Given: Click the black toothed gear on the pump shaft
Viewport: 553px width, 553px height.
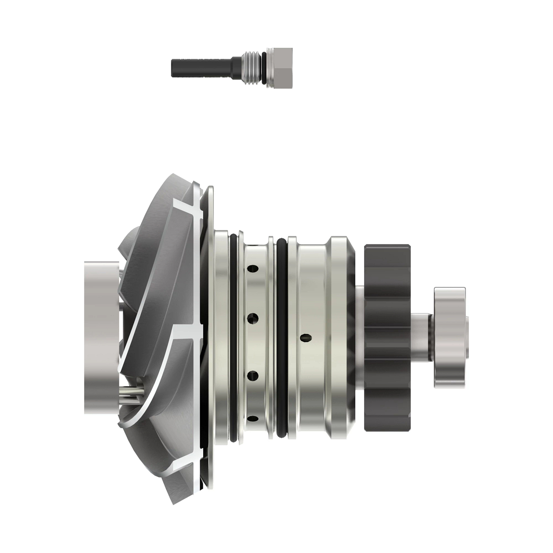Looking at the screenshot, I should (x=387, y=337).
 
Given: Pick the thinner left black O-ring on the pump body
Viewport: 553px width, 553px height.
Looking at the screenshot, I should (x=234, y=336).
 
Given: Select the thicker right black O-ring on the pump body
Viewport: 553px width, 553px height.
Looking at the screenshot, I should (x=281, y=336).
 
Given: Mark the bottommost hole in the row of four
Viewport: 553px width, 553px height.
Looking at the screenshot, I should (x=252, y=419).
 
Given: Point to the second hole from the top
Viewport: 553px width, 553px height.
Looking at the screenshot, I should (x=252, y=318).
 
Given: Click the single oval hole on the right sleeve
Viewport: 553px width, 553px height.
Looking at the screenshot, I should (x=304, y=338).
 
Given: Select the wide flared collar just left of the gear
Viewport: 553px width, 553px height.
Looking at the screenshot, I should (x=341, y=336).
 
